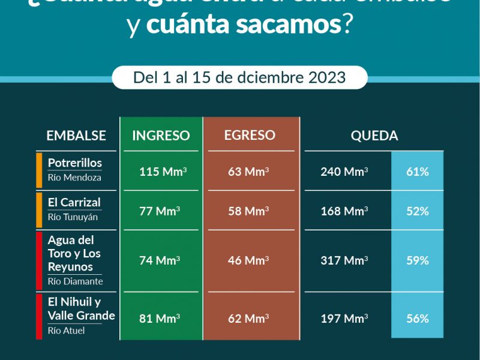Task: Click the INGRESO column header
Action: tap(161, 136)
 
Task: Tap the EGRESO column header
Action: tap(250, 135)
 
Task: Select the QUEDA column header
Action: tap(374, 136)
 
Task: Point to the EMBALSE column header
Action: tap(76, 136)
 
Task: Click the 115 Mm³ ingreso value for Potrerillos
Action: tap(163, 172)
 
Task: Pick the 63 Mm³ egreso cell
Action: tap(248, 172)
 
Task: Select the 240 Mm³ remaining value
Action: tap(344, 172)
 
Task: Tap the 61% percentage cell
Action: tap(418, 172)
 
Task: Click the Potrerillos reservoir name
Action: tap(75, 163)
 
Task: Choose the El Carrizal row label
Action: tap(74, 202)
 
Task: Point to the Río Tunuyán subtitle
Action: tap(73, 217)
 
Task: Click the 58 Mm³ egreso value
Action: tap(248, 211)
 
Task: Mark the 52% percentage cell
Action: tap(418, 211)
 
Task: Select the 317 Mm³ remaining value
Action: tap(344, 260)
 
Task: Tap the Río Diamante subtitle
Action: tap(75, 281)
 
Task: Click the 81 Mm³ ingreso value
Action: tap(160, 319)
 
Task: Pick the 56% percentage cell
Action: tap(418, 319)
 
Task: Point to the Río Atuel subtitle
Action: tap(67, 331)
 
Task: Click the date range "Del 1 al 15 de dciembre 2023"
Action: tap(239, 77)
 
